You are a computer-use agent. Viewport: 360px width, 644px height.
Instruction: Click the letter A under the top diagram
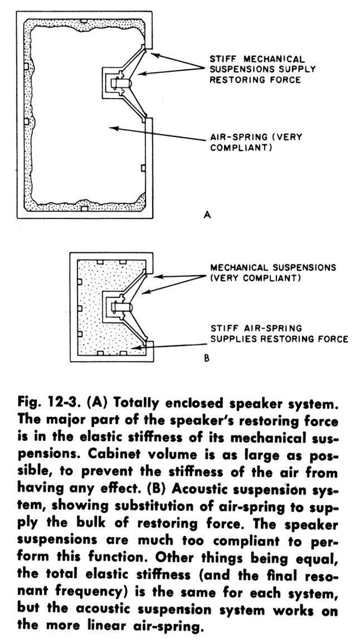[x=207, y=214]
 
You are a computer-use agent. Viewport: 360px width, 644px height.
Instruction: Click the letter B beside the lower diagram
[x=206, y=359]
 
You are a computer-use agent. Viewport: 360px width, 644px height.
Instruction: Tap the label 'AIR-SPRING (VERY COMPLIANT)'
[x=256, y=143]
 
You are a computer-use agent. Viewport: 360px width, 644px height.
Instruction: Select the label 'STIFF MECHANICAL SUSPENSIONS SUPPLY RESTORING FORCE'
[x=262, y=69]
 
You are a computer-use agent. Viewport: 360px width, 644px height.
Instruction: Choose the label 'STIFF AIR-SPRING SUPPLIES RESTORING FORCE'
[x=279, y=333]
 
